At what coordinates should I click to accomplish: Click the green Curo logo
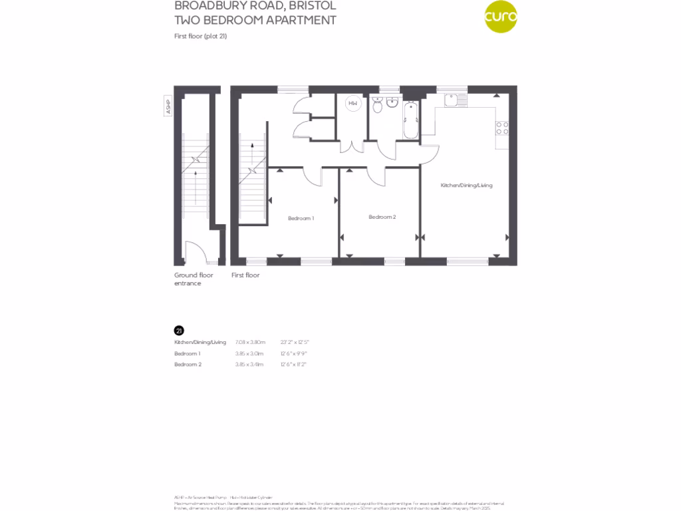[500, 18]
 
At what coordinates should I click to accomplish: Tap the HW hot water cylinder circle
[352, 103]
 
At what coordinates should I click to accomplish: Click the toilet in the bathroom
[378, 104]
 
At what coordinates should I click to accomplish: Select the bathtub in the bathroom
[410, 119]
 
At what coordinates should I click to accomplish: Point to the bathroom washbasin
[392, 103]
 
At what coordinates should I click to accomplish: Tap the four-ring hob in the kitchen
[502, 128]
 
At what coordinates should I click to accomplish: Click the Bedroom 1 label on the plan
[301, 218]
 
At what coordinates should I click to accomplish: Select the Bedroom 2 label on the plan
[382, 217]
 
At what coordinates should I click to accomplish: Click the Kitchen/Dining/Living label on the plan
[466, 185]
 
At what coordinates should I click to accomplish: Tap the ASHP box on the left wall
[168, 106]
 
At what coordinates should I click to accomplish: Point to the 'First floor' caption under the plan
[245, 275]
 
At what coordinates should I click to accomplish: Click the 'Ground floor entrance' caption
[194, 279]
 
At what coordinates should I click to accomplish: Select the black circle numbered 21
[178, 330]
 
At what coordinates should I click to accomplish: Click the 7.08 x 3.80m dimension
[250, 342]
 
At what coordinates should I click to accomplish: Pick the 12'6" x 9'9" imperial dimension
[295, 353]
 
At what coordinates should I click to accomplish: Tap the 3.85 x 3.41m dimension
[249, 365]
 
